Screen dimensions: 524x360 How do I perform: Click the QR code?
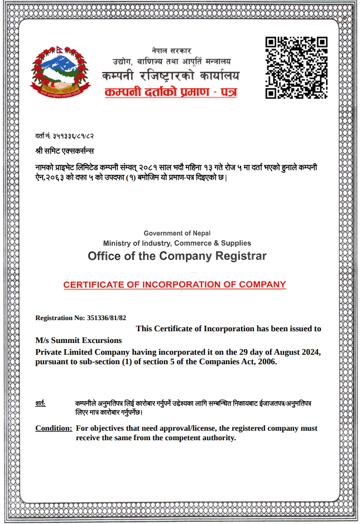[x=296, y=68]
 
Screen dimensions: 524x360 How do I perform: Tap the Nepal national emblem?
[x=60, y=72]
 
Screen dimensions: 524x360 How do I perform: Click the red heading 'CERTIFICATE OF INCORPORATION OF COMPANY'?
[x=175, y=284]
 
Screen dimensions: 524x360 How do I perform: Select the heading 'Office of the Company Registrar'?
[x=177, y=256]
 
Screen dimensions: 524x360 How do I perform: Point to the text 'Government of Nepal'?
[x=177, y=233]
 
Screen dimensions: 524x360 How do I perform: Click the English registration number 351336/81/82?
[x=107, y=318]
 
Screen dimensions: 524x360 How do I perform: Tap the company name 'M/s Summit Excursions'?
[x=79, y=340]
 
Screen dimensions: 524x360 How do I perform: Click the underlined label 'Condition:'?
[x=54, y=428]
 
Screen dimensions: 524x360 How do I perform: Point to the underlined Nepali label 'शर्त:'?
[x=40, y=403]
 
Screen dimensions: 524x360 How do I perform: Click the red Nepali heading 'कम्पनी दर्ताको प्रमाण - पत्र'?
[x=171, y=91]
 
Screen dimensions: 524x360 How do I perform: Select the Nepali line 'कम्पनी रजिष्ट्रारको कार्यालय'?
[x=171, y=75]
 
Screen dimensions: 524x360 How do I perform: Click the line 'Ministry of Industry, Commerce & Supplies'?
[x=177, y=243]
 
